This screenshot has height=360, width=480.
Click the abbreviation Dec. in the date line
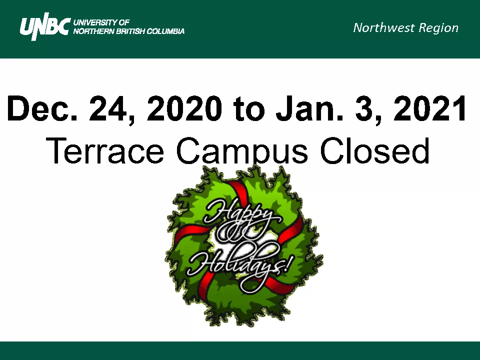click(x=42, y=108)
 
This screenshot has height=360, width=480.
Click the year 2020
click(x=184, y=108)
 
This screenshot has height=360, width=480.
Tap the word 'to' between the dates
click(x=248, y=109)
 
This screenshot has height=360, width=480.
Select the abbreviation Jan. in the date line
click(x=309, y=108)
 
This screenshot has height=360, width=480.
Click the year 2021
click(x=430, y=108)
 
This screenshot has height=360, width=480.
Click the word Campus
click(x=242, y=152)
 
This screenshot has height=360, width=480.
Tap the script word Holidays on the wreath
click(x=235, y=263)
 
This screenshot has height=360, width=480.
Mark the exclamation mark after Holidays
click(x=288, y=264)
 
